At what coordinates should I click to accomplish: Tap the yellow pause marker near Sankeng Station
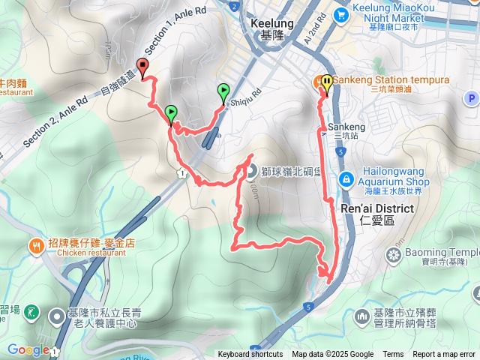(x=327, y=82)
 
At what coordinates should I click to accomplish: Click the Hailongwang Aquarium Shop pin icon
(x=346, y=178)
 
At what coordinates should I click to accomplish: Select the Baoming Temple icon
(x=392, y=256)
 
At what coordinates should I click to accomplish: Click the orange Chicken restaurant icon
(x=36, y=244)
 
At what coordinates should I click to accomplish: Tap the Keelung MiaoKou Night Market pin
(x=341, y=13)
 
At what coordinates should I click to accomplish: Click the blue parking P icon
(x=470, y=97)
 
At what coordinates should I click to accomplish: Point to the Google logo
(x=28, y=349)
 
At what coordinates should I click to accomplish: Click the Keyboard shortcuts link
(x=250, y=355)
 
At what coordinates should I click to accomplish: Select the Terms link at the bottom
(x=393, y=355)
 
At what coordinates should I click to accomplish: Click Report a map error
(x=445, y=355)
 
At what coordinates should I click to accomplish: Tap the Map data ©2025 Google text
(x=333, y=355)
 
